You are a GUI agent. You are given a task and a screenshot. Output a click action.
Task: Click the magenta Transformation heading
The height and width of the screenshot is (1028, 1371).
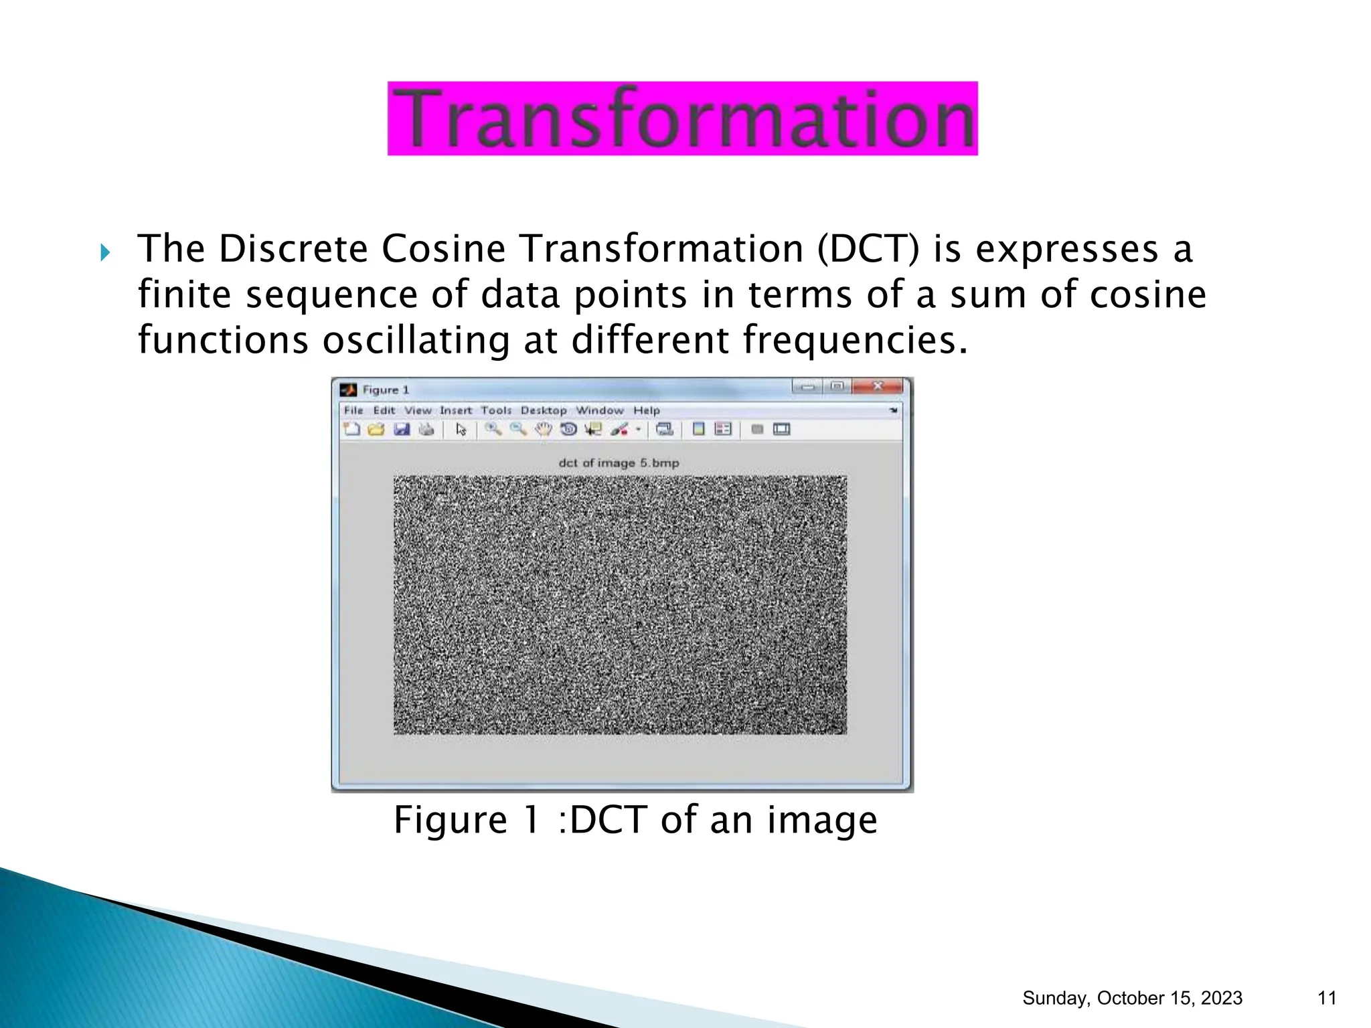(682, 118)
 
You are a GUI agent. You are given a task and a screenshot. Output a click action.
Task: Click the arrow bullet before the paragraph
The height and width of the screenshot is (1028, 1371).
(105, 253)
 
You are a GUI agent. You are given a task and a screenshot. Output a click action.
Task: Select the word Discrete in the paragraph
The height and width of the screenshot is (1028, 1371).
(293, 249)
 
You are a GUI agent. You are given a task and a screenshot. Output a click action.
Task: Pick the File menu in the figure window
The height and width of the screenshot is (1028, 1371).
(353, 410)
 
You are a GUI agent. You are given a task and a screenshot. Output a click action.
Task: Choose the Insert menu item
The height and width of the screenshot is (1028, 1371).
(455, 410)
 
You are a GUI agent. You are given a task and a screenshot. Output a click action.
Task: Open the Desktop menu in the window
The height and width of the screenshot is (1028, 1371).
(544, 410)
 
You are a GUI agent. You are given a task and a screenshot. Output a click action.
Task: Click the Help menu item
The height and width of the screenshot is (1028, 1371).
(647, 410)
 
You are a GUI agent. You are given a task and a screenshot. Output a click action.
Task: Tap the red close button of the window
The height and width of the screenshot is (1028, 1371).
(878, 387)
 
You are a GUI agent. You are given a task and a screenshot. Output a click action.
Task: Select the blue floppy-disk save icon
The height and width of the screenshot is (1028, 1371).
(402, 430)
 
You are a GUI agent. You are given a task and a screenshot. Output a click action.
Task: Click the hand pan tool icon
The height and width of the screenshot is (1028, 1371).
(544, 430)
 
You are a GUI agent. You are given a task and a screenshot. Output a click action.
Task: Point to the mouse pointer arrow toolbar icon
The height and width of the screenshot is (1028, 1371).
(461, 430)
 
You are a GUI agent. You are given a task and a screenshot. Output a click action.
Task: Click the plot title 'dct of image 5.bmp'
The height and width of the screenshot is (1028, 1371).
(619, 463)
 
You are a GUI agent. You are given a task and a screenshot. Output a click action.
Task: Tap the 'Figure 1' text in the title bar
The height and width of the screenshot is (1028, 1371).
(386, 390)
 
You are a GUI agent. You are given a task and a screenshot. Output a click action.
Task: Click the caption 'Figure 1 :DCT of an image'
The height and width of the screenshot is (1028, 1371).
(635, 820)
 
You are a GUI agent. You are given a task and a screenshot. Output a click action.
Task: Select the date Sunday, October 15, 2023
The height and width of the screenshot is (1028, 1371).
(1132, 998)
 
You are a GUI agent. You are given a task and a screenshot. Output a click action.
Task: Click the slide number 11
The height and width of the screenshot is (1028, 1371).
(1327, 998)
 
